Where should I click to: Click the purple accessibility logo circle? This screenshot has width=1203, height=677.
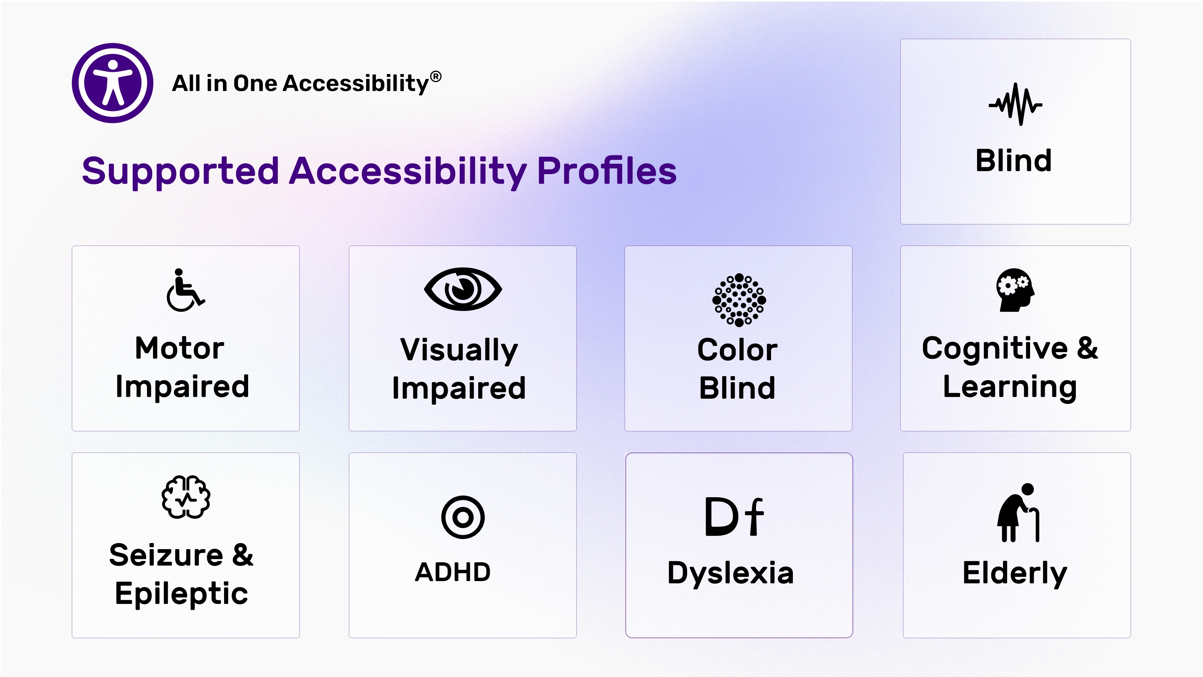click(x=112, y=83)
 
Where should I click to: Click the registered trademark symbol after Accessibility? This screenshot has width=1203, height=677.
click(x=435, y=77)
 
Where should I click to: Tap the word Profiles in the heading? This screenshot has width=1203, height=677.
click(x=607, y=171)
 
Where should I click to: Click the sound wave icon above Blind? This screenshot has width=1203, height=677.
click(x=1015, y=104)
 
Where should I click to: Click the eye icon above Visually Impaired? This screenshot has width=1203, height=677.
click(x=463, y=289)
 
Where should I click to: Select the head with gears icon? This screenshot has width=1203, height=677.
click(x=1015, y=290)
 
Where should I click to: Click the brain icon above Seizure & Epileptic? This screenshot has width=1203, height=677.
click(x=186, y=497)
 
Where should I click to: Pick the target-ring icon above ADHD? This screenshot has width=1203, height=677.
click(x=463, y=517)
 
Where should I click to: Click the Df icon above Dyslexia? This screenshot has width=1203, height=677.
click(x=734, y=517)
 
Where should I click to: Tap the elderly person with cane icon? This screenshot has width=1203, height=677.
click(x=1018, y=513)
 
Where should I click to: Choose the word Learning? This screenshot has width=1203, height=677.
click(x=1010, y=387)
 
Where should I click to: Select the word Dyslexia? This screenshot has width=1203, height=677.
click(x=730, y=574)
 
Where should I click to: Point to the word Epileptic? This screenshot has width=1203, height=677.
click(x=181, y=594)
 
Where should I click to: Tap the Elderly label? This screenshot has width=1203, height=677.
click(x=1015, y=574)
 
